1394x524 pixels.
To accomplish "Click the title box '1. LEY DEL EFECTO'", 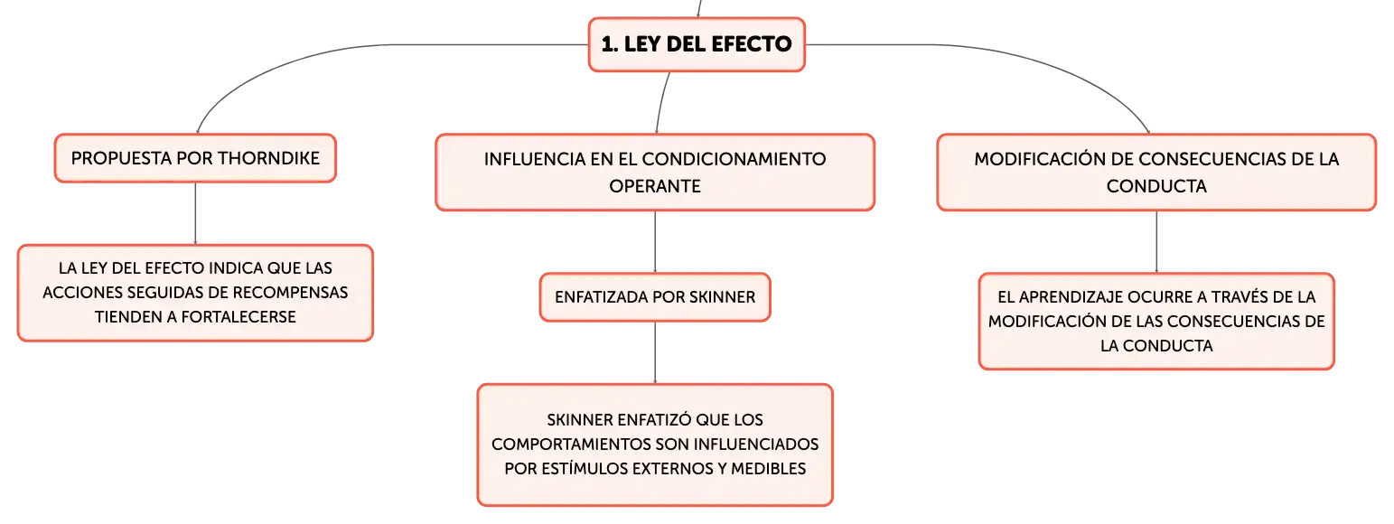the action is tap(697, 44).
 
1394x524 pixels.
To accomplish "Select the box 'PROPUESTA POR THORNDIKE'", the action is tap(195, 158).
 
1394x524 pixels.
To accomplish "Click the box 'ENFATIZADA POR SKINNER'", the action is tap(655, 297).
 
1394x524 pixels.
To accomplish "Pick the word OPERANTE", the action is tap(655, 186).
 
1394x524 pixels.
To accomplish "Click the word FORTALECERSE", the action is tap(239, 317).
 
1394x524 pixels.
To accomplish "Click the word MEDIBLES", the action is tap(768, 469).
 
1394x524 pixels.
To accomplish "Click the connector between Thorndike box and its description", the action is tap(195, 213).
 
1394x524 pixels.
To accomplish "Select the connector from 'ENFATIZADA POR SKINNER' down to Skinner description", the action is tap(655, 353).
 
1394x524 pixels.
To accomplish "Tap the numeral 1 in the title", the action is tap(608, 44).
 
